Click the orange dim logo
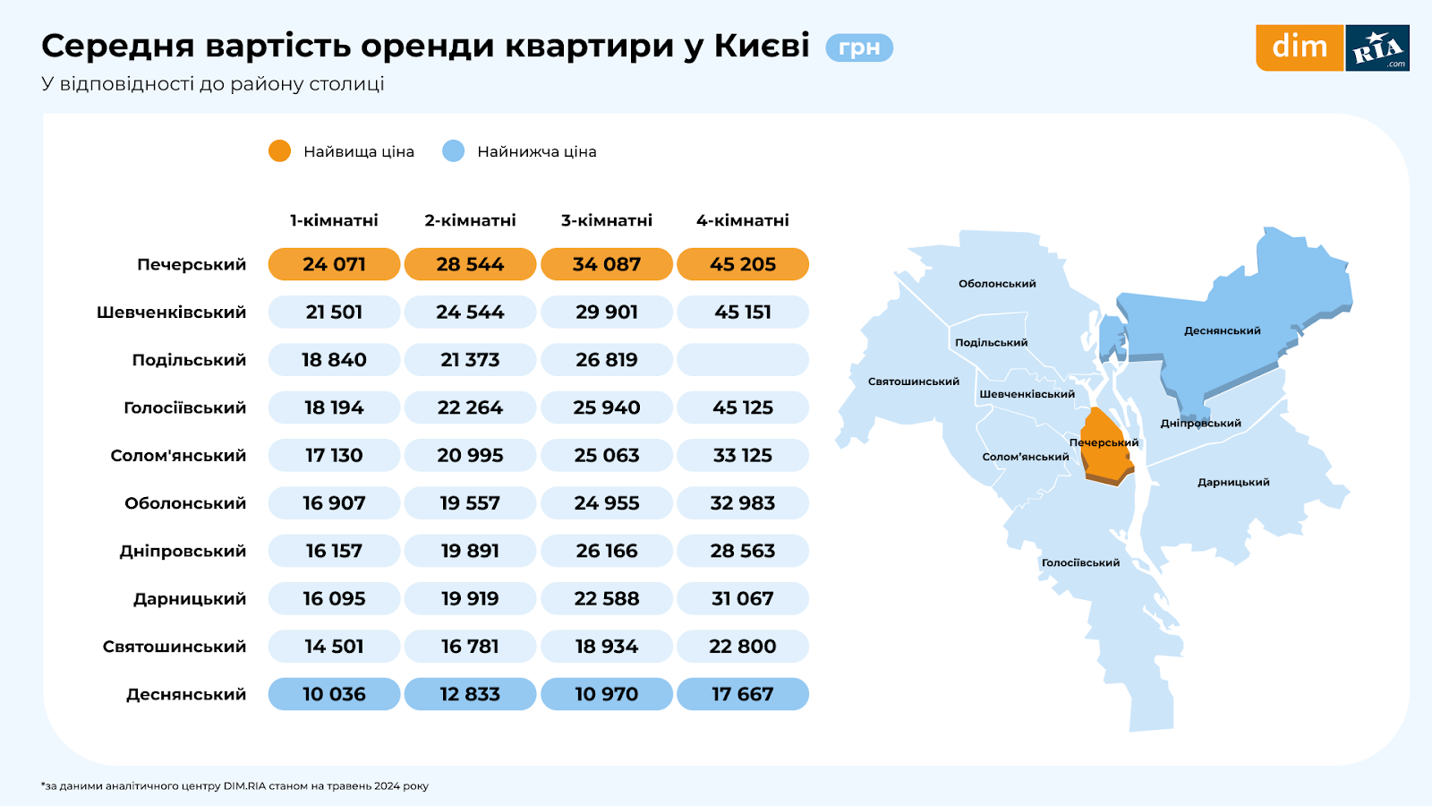(x=1300, y=47)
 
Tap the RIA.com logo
(x=1377, y=48)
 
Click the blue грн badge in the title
(x=859, y=47)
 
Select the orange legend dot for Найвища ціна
(x=279, y=151)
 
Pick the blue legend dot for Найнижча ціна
(x=454, y=151)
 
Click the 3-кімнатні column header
(x=607, y=220)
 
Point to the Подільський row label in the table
(x=189, y=360)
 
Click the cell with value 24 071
(x=334, y=264)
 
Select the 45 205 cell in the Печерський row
(x=743, y=264)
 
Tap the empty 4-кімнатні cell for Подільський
(x=743, y=360)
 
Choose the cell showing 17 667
(x=743, y=694)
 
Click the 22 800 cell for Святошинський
(x=743, y=647)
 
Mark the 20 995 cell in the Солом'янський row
(x=470, y=456)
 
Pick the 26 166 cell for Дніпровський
(x=607, y=551)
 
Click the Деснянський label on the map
(x=1222, y=330)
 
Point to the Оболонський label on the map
(x=997, y=284)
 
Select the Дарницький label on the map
(x=1233, y=483)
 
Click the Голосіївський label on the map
(x=1080, y=563)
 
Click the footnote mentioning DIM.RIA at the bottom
(x=235, y=786)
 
